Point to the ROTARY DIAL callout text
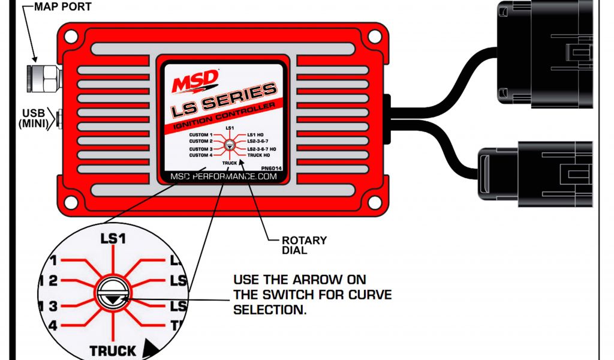pos(304,245)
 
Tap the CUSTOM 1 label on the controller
pos(201,135)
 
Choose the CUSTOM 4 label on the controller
pos(201,155)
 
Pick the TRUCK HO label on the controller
pos(259,155)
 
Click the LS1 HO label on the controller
pos(257,135)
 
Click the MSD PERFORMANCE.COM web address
pos(224,177)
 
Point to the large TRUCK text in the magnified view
pos(112,350)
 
